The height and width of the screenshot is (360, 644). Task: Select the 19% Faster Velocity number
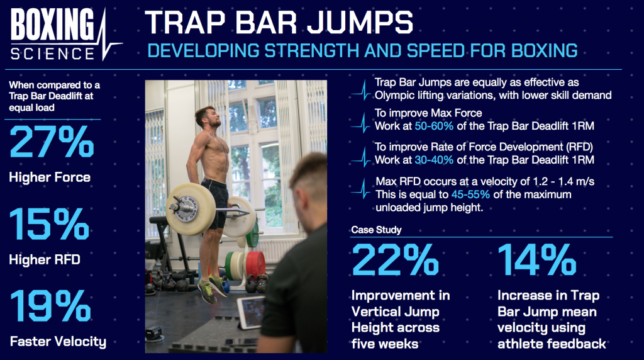pyautogui.click(x=50, y=307)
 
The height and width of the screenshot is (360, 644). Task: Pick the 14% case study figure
pyautogui.click(x=536, y=259)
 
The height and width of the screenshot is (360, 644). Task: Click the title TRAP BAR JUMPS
pyautogui.click(x=279, y=23)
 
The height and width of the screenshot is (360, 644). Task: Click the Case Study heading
pyautogui.click(x=375, y=230)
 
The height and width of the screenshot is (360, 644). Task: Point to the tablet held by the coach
pyautogui.click(x=251, y=312)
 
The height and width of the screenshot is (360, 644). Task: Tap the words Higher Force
pyautogui.click(x=50, y=177)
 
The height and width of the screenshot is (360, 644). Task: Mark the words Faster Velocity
pyautogui.click(x=58, y=342)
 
